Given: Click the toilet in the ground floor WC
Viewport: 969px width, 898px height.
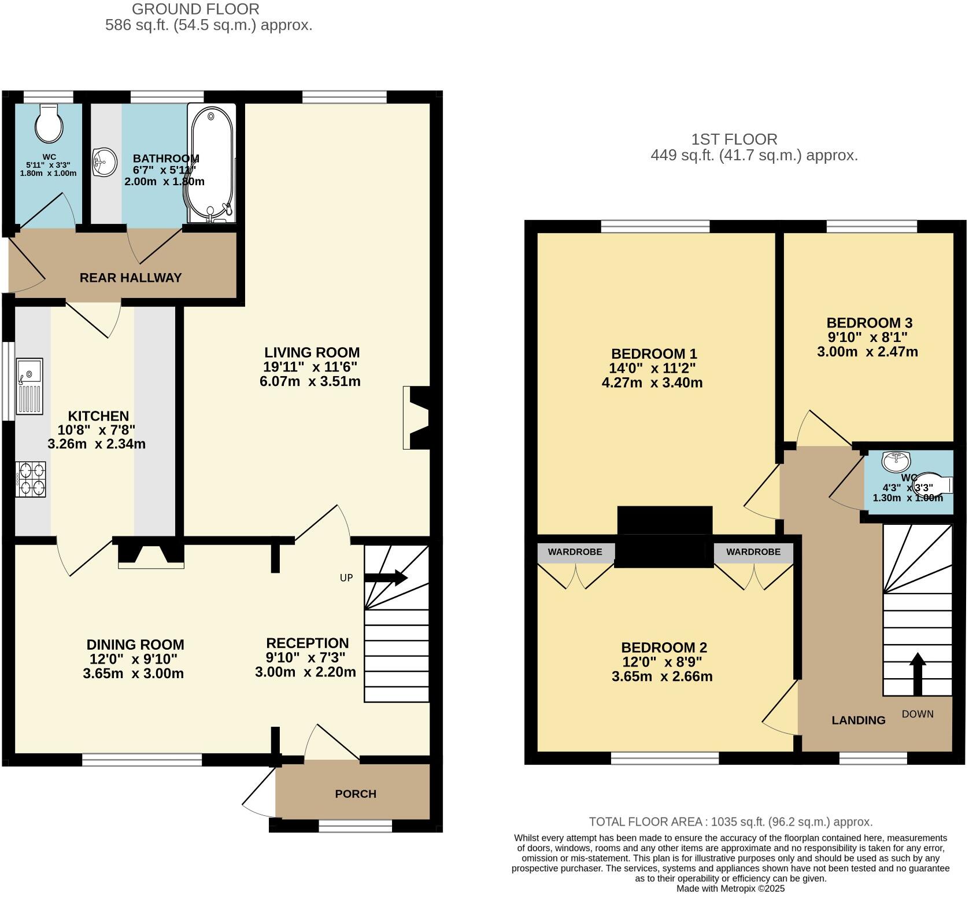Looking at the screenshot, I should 49,123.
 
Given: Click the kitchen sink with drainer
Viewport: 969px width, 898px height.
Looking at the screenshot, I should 29,386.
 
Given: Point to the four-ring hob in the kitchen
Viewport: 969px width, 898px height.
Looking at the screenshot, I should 32,479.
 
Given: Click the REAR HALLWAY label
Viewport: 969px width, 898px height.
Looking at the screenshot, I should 131,278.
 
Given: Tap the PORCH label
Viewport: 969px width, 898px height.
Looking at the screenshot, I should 356,794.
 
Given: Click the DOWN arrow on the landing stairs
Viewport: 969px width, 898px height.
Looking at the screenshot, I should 917,674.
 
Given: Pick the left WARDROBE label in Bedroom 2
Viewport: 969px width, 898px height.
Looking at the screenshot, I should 575,552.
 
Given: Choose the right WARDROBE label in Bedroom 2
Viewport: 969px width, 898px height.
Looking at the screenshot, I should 753,552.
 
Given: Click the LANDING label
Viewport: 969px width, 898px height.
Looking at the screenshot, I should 859,720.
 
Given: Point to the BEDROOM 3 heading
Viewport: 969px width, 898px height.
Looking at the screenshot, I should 869,323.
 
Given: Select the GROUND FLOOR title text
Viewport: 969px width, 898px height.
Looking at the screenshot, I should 196,9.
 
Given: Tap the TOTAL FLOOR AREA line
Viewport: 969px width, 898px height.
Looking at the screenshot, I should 731,822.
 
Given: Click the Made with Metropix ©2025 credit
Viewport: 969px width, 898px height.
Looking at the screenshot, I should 731,888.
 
